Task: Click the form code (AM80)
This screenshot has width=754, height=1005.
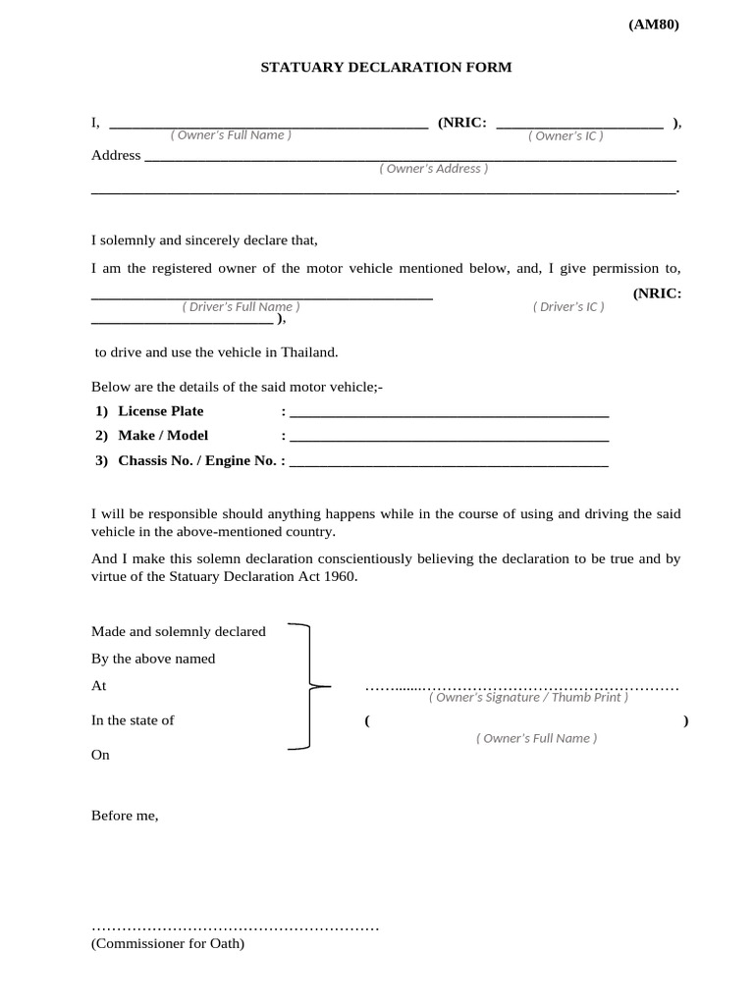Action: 653,26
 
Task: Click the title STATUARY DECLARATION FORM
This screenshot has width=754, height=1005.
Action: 386,68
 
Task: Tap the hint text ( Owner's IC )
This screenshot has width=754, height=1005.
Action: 565,135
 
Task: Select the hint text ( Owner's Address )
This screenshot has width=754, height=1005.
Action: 433,169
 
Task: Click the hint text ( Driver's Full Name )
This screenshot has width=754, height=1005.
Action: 241,307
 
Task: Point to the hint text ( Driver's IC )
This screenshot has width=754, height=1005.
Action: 568,307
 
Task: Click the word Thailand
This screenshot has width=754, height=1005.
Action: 308,352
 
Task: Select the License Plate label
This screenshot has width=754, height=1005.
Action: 160,411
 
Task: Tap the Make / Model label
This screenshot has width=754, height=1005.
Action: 163,436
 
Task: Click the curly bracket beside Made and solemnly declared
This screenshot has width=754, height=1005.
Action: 310,686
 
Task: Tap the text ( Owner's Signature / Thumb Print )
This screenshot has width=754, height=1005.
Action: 528,698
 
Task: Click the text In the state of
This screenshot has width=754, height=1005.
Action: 133,720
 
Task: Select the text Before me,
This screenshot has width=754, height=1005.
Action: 125,815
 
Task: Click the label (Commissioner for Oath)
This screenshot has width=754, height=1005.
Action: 168,944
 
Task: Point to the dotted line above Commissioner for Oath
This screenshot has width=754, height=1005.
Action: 235,927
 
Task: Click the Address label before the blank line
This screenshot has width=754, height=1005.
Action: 116,155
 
